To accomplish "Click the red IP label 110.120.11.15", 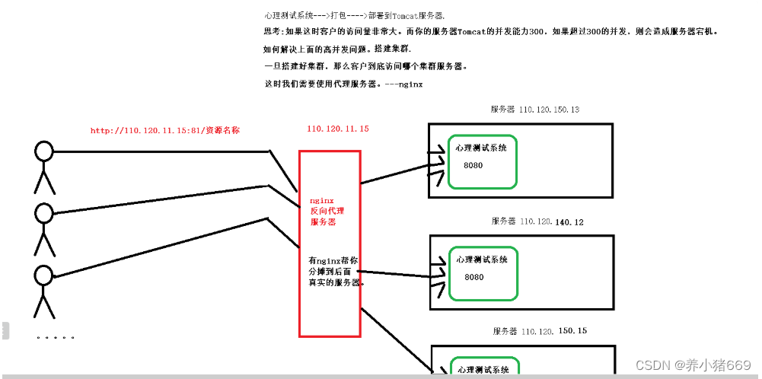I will pyautogui.click(x=338, y=129).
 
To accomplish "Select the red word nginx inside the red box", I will pyautogui.click(x=321, y=201).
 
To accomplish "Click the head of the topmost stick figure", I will pyautogui.click(x=44, y=151).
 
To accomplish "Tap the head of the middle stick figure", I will pyautogui.click(x=44, y=211).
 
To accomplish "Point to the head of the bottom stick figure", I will pyautogui.click(x=44, y=274).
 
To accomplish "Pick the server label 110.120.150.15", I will pyautogui.click(x=553, y=331).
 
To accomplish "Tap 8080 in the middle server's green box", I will pyautogui.click(x=473, y=277).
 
